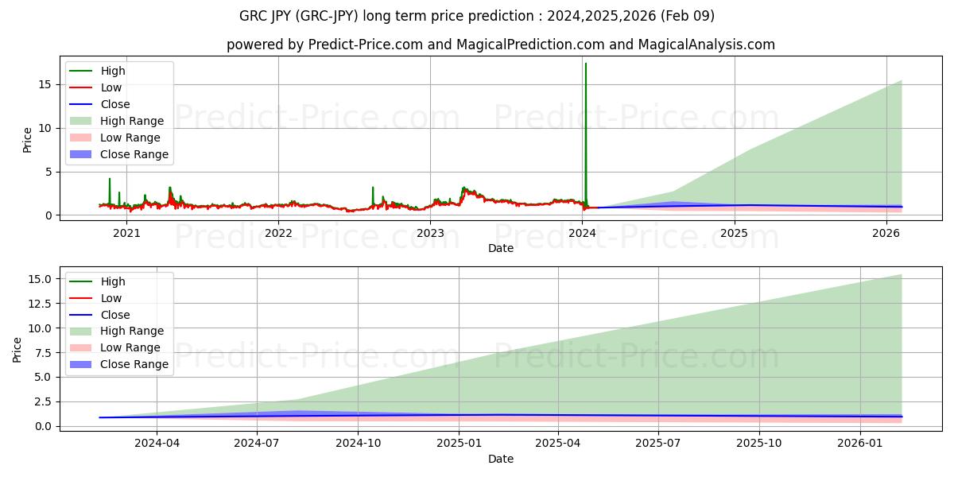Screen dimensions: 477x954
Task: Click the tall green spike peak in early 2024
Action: pyautogui.click(x=586, y=64)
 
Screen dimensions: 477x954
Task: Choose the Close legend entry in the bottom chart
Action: pyautogui.click(x=115, y=315)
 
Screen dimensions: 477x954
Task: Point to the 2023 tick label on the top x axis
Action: pyautogui.click(x=430, y=233)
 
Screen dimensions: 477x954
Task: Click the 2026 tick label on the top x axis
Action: pyautogui.click(x=886, y=233)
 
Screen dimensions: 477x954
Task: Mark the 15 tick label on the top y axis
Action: pyautogui.click(x=45, y=84)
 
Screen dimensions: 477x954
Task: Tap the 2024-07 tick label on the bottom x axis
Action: pyautogui.click(x=257, y=444)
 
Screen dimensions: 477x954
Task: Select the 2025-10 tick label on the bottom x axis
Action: pyautogui.click(x=759, y=444)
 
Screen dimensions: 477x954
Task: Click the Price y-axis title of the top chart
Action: pyautogui.click(x=28, y=140)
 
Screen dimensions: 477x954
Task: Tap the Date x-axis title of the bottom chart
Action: pyautogui.click(x=501, y=459)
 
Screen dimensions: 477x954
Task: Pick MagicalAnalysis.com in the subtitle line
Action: pyautogui.click(x=709, y=45)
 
